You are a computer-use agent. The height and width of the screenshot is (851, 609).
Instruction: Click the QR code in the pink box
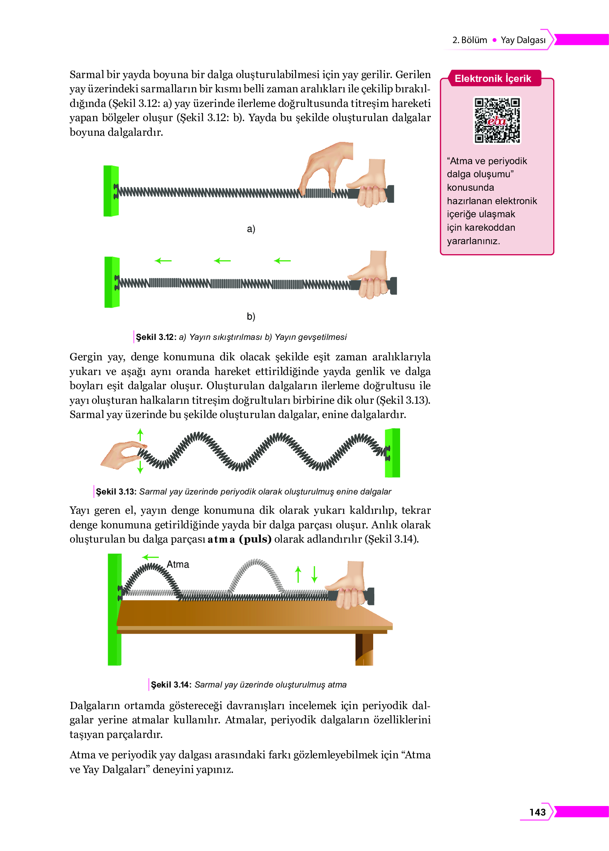tap(497, 120)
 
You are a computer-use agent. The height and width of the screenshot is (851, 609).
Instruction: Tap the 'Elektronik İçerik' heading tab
tap(493, 78)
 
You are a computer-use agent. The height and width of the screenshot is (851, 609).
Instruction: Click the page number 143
tap(537, 812)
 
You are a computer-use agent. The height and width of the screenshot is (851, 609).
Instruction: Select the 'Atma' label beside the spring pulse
tap(178, 564)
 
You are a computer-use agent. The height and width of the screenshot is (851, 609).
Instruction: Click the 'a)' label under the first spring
tap(251, 229)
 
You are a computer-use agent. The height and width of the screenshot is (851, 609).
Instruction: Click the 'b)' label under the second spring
tap(251, 316)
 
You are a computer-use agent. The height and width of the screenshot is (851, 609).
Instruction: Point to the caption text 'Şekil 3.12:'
tap(156, 337)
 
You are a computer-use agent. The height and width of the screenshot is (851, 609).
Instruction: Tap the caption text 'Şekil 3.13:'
tap(116, 491)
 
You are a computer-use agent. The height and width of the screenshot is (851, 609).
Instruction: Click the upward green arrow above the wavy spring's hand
tap(140, 435)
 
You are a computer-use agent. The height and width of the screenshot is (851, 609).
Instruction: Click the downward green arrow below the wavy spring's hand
tap(140, 467)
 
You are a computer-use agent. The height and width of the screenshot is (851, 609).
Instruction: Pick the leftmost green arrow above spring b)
tap(163, 261)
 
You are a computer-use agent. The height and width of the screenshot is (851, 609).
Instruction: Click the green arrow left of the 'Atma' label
tap(150, 557)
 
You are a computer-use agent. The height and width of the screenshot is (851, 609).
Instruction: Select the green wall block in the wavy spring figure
tap(392, 453)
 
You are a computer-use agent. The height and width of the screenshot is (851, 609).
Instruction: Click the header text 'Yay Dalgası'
tap(523, 40)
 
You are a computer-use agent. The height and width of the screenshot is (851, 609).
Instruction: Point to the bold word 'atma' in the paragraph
tap(221, 539)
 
